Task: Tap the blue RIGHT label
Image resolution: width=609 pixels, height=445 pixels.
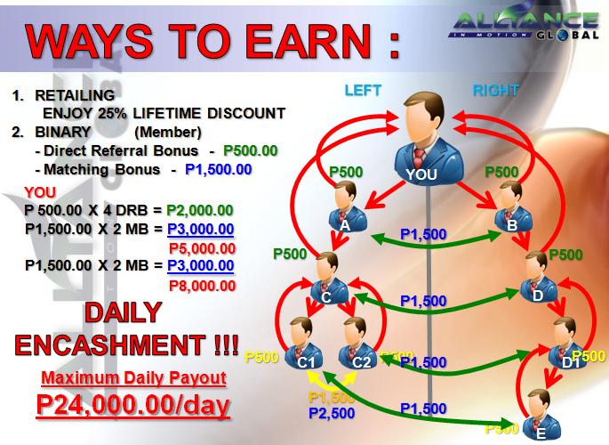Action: tap(493, 90)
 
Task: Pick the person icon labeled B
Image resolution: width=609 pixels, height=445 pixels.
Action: tap(511, 206)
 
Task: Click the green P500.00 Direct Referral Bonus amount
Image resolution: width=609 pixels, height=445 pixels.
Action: tap(251, 150)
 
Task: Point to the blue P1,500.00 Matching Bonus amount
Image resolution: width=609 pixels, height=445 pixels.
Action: tap(219, 169)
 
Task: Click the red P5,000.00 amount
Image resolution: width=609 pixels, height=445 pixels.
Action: tap(201, 248)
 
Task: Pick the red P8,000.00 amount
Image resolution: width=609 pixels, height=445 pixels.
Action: tap(202, 286)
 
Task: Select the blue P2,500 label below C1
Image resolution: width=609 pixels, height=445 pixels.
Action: tap(332, 414)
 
